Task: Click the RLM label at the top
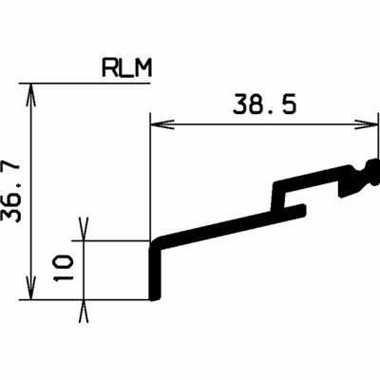pyautogui.click(x=125, y=68)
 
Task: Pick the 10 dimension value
pyautogui.click(x=64, y=270)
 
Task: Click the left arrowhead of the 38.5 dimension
pyautogui.click(x=158, y=122)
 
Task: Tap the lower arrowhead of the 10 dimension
pyautogui.click(x=84, y=306)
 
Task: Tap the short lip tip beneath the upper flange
pyautogui.click(x=299, y=204)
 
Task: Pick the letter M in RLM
pyautogui.click(x=143, y=68)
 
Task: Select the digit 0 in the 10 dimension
pyautogui.click(x=64, y=262)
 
